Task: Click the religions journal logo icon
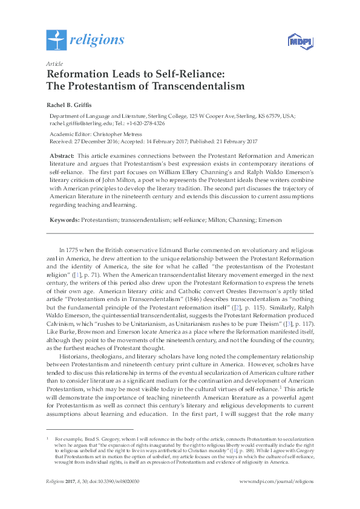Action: coord(56,40)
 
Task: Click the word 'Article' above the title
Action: coord(54,63)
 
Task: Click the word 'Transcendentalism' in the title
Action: coord(195,86)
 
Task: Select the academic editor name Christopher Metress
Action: coord(120,134)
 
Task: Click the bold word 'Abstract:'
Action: coord(62,156)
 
